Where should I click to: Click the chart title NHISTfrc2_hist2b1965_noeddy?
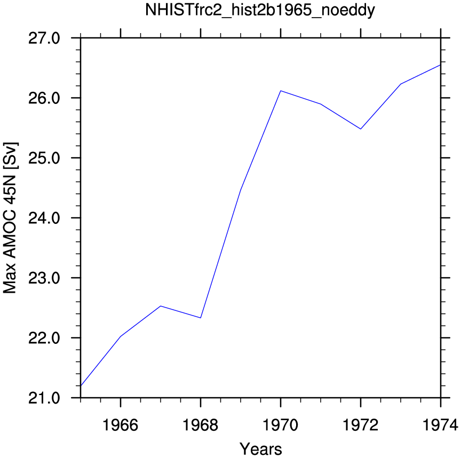(x=260, y=10)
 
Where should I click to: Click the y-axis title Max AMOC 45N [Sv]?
(x=10, y=218)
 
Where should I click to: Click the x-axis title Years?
(x=260, y=449)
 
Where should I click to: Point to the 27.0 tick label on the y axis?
(x=44, y=38)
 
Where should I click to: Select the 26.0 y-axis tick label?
(x=44, y=98)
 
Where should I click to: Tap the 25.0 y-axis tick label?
(x=44, y=158)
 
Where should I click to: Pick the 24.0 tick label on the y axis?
(x=44, y=218)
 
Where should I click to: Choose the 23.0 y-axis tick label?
(x=44, y=278)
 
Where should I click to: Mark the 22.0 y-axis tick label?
(x=44, y=338)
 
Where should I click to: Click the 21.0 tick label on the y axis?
(x=44, y=398)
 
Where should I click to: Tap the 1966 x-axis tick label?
(x=120, y=425)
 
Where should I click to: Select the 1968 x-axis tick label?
(x=201, y=425)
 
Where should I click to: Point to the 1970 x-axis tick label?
(x=281, y=425)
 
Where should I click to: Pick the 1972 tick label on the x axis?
(x=361, y=425)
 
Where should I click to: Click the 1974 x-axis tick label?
(x=440, y=425)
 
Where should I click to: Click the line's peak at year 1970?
(x=281, y=91)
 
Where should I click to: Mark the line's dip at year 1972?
(x=361, y=129)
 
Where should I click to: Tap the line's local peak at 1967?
(x=161, y=306)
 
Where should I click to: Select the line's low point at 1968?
(x=201, y=318)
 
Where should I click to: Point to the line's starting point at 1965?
(x=81, y=385)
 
